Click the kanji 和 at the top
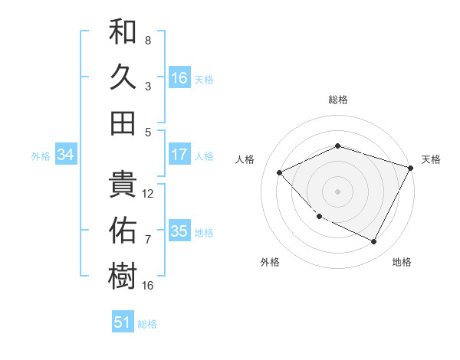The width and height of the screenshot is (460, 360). click(x=123, y=33)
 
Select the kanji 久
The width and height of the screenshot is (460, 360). click(x=123, y=77)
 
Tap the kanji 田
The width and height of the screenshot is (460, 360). click(x=123, y=123)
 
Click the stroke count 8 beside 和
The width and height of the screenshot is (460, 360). click(x=148, y=40)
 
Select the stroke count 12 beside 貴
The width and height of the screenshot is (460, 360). click(x=148, y=193)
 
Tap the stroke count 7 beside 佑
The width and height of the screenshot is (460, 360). click(x=148, y=239)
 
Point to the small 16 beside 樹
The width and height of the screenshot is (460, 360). click(x=148, y=285)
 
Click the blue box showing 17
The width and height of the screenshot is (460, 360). click(x=179, y=155)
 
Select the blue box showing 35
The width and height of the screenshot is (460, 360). click(x=179, y=231)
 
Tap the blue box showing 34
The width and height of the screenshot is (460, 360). click(x=65, y=155)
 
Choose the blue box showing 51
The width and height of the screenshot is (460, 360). click(x=123, y=322)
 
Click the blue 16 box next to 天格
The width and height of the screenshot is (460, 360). click(x=179, y=78)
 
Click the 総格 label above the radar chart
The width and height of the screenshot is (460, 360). click(x=337, y=100)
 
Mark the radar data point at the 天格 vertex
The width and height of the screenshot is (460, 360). click(x=412, y=168)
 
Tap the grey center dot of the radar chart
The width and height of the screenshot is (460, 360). click(x=337, y=191)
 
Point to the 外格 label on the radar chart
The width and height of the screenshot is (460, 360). click(x=270, y=262)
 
